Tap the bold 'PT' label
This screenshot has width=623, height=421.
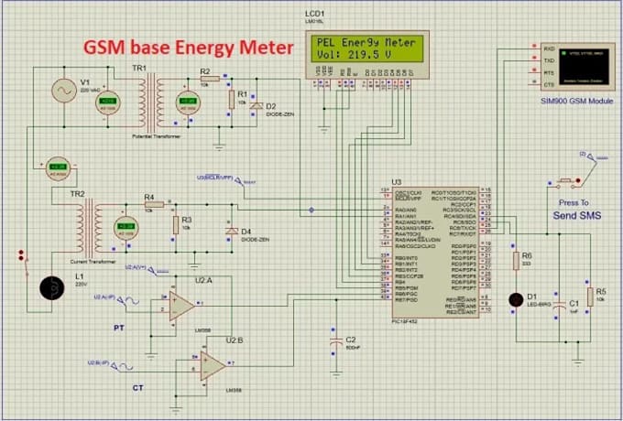[x=118, y=327]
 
